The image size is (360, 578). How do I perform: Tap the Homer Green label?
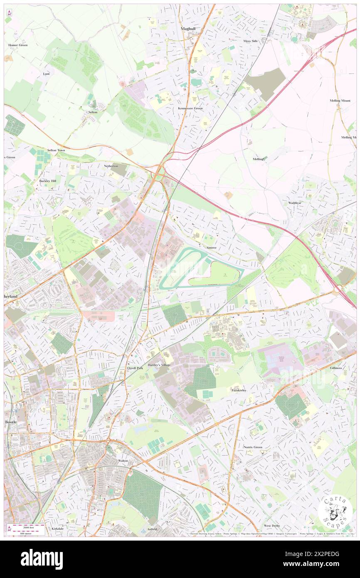[17, 45]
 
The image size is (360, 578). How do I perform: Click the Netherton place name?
[111, 166]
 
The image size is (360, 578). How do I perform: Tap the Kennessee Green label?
[187, 109]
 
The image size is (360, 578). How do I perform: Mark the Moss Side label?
[251, 41]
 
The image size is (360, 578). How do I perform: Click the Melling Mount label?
[340, 101]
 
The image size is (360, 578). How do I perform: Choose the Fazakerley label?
[239, 390]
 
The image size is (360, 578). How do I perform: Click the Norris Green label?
[253, 447]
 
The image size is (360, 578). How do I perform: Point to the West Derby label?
[272, 526]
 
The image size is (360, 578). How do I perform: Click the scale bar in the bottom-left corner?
[27, 529]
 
